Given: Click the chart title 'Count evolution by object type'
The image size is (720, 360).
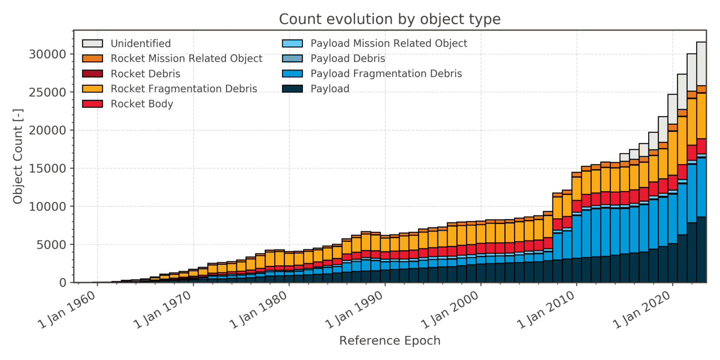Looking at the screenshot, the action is coord(390,19).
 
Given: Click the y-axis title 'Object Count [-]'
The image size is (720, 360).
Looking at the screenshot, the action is coord(18,157).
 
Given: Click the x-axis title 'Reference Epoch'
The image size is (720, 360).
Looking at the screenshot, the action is coord(390,340).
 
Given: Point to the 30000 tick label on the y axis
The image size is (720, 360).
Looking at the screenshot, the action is coord(47,54).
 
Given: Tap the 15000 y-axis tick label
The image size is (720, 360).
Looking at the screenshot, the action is coord(47,168).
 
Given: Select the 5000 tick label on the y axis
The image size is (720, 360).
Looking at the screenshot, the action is coord(52,245).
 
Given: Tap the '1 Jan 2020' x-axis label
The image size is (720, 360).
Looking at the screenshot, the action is coord(643,309).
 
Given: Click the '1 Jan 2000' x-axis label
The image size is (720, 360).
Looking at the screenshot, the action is coord(451,309).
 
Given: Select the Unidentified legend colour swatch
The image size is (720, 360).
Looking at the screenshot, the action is coord(92,44).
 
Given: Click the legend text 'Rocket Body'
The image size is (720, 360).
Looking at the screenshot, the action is coord(142,104).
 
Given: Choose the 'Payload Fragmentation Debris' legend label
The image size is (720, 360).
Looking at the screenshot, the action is coord(386,74).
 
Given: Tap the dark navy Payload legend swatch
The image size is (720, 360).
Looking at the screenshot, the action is coord(292,89).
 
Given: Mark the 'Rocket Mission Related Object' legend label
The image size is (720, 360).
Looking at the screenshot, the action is coord(187,59).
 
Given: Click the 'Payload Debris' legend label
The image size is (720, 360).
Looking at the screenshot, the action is coord(348,59).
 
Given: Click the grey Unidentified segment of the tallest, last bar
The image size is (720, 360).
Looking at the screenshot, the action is coord(701,64).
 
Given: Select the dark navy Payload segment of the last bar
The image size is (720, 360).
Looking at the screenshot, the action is coord(701,250).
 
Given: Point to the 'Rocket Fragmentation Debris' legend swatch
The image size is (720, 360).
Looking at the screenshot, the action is coord(92,89).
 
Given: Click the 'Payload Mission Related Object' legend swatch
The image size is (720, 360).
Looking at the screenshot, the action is coord(292,44).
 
